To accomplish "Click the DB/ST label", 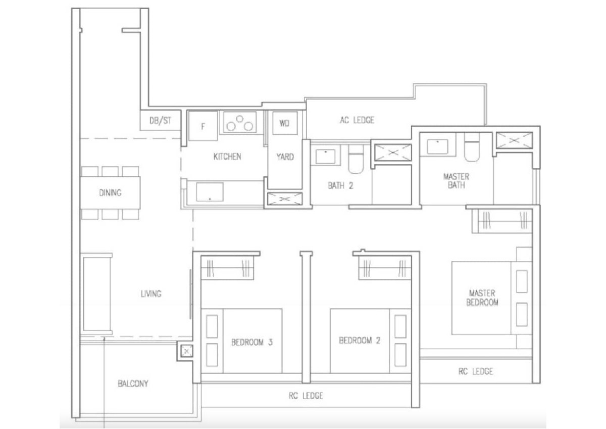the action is click(160, 120).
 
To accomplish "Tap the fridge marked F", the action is click(203, 126).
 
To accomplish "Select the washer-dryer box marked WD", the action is click(285, 123).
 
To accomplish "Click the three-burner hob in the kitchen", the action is click(240, 123).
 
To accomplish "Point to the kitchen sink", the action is click(210, 192).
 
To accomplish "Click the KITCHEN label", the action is click(227, 156).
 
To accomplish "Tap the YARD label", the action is click(285, 157).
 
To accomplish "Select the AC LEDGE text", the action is click(357, 120).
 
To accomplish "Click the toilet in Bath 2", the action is click(356, 159).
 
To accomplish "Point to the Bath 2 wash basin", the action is click(325, 156).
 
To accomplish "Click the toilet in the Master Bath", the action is click(472, 147).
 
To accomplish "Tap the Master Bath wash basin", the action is click(437, 146).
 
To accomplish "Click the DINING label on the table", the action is click(110, 193).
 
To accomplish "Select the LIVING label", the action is click(151, 294).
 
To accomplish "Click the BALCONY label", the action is click(133, 383).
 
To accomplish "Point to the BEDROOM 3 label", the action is click(252, 343).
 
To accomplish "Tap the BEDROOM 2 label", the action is click(360, 340).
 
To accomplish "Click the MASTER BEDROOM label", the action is click(482, 298).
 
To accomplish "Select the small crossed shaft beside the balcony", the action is click(186, 351).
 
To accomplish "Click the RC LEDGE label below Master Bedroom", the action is click(476, 371).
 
